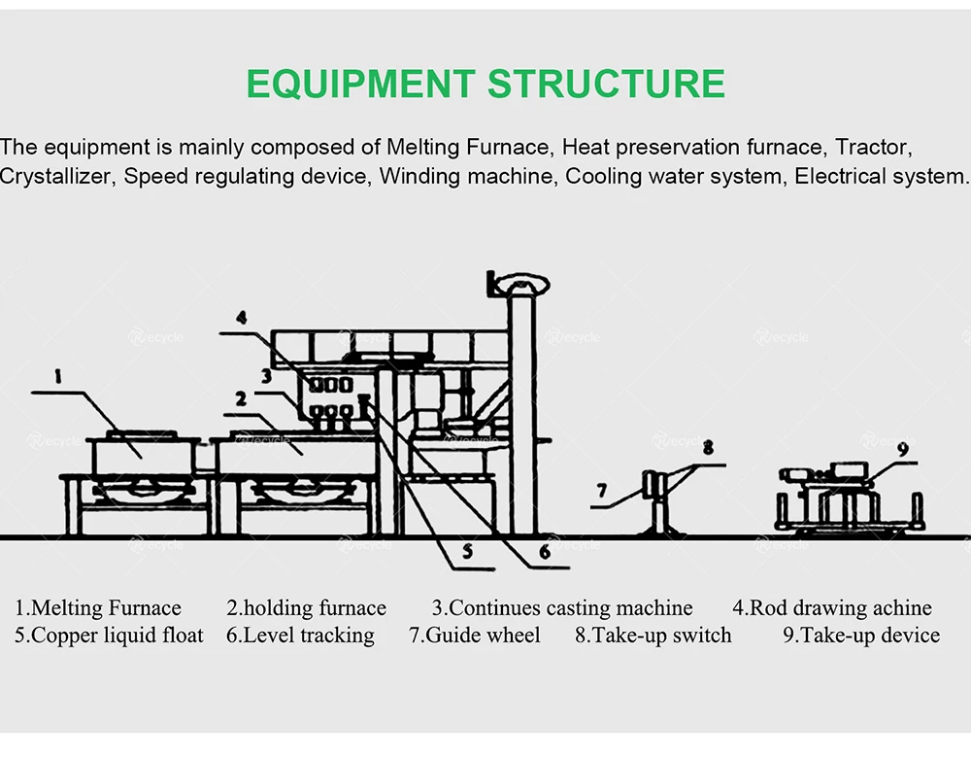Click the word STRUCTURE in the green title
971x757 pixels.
point(606,84)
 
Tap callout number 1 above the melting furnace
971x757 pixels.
point(58,373)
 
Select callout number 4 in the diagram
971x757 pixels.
point(241,317)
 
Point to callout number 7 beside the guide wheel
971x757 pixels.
point(602,491)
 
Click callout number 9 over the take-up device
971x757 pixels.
point(902,449)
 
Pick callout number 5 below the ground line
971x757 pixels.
point(467,551)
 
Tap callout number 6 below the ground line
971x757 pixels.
point(545,551)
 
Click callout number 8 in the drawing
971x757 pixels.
point(708,448)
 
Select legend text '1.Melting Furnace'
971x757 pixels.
point(98,608)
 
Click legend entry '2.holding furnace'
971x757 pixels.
point(306,608)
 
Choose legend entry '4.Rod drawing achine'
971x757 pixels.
point(831,608)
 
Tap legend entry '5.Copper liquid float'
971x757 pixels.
point(109,636)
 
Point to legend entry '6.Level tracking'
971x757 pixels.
point(300,636)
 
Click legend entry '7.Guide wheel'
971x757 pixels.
point(474,636)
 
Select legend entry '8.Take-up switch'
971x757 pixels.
point(653,636)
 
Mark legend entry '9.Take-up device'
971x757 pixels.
point(861,636)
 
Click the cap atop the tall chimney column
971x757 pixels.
point(520,284)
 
